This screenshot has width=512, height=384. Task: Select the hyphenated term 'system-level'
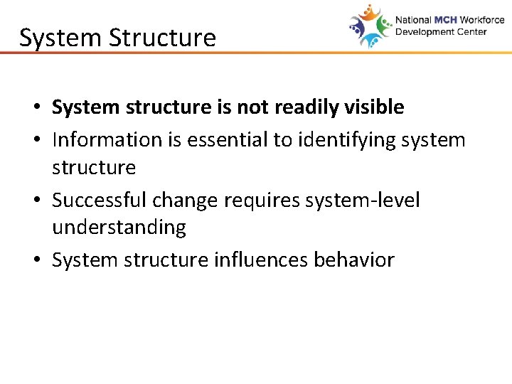point(363,201)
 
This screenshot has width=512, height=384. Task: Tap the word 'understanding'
point(119,228)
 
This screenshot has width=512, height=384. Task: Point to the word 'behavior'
point(353,260)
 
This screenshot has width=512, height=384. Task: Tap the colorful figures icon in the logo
point(370,26)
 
